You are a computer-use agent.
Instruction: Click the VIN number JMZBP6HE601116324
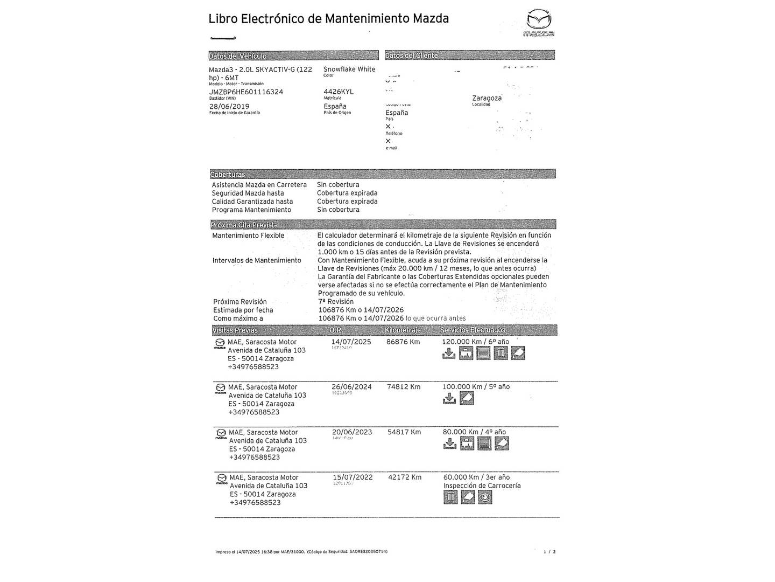[246, 92]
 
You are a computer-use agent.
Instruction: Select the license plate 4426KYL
[339, 92]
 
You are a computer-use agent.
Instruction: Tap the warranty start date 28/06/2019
[229, 107]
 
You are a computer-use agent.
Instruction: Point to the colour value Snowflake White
[349, 70]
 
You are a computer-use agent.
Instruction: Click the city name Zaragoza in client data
[487, 99]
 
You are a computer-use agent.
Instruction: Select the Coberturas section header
[227, 175]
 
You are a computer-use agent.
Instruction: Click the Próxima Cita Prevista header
[244, 225]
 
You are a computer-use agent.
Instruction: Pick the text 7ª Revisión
[336, 302]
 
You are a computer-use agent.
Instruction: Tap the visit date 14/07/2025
[351, 342]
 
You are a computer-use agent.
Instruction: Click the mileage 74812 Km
[404, 387]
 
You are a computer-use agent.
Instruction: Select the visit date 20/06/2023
[352, 432]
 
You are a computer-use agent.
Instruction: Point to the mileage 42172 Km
[405, 477]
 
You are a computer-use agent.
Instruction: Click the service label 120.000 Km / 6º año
[475, 342]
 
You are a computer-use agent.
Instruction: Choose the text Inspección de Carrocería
[482, 486]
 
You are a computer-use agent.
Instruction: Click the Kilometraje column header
[403, 330]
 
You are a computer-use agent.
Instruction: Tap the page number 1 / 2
[549, 552]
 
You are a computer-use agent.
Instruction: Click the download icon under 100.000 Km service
[449, 399]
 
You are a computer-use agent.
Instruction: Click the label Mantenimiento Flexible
[248, 236]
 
